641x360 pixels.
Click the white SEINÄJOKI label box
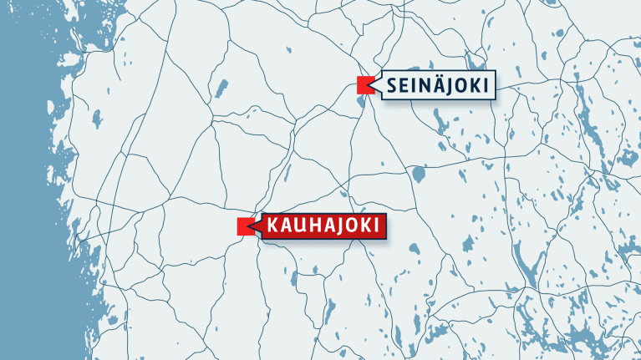pyautogui.click(x=437, y=84)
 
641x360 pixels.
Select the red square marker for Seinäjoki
pyautogui.click(x=364, y=84)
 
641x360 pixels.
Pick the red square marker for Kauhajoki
pyautogui.click(x=245, y=226)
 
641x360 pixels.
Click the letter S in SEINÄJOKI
pyautogui.click(x=393, y=85)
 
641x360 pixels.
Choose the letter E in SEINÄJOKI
pyautogui.click(x=404, y=85)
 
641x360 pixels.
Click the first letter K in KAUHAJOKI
pyautogui.click(x=274, y=226)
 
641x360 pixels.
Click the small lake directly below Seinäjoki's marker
pyautogui.click(x=360, y=104)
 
